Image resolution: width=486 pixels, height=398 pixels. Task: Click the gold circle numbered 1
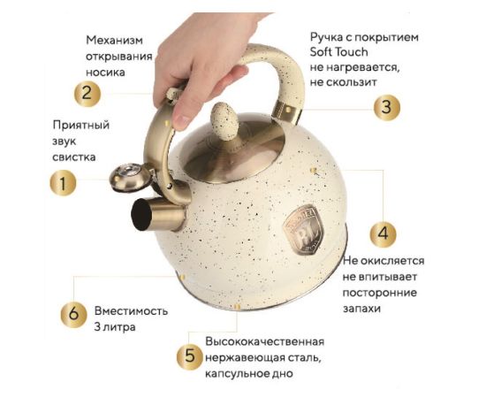[x=63, y=183]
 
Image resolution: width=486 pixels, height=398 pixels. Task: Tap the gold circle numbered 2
[x=87, y=94]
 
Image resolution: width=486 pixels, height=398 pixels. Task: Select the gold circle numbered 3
[x=386, y=107]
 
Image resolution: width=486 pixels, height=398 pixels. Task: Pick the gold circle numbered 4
[x=383, y=233]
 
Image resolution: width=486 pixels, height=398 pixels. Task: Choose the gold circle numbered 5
[x=190, y=356]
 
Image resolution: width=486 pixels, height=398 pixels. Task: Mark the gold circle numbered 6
[x=73, y=314]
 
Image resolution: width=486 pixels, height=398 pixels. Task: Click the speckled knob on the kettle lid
[x=224, y=120]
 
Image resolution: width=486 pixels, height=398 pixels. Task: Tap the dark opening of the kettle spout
[x=141, y=214]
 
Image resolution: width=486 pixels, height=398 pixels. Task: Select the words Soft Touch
[x=338, y=52]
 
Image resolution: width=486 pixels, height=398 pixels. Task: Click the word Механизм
[x=114, y=40]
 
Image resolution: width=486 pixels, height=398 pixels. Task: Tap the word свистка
[x=73, y=157]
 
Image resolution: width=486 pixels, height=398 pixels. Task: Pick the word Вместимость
[x=131, y=310]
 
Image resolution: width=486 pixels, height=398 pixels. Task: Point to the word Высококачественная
[x=265, y=341]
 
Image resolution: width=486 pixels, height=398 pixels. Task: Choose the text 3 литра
[x=115, y=327]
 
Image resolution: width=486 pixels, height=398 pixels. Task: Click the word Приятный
[x=81, y=126]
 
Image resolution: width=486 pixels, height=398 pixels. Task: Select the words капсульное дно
[x=248, y=373]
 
